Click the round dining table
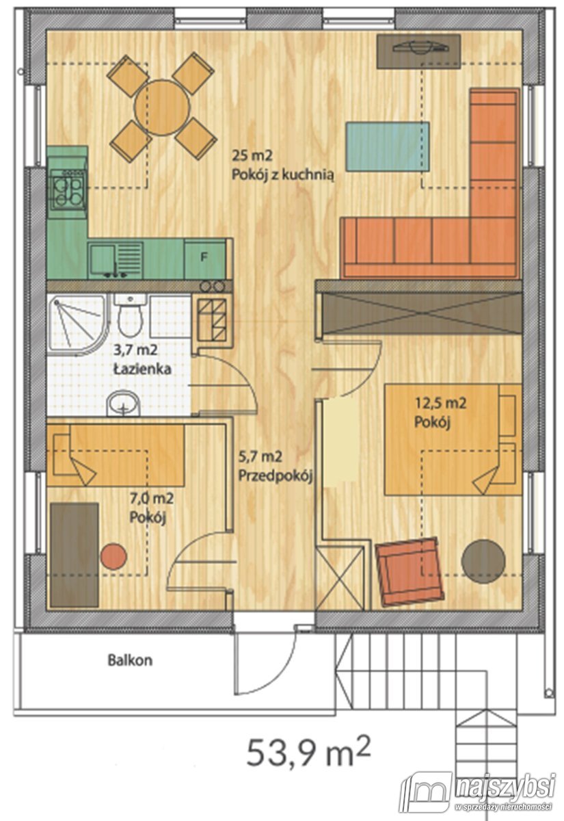(162, 106)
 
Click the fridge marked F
(204, 259)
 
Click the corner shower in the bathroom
(75, 318)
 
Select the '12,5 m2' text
(440, 404)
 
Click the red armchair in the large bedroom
(407, 572)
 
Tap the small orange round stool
(113, 556)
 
